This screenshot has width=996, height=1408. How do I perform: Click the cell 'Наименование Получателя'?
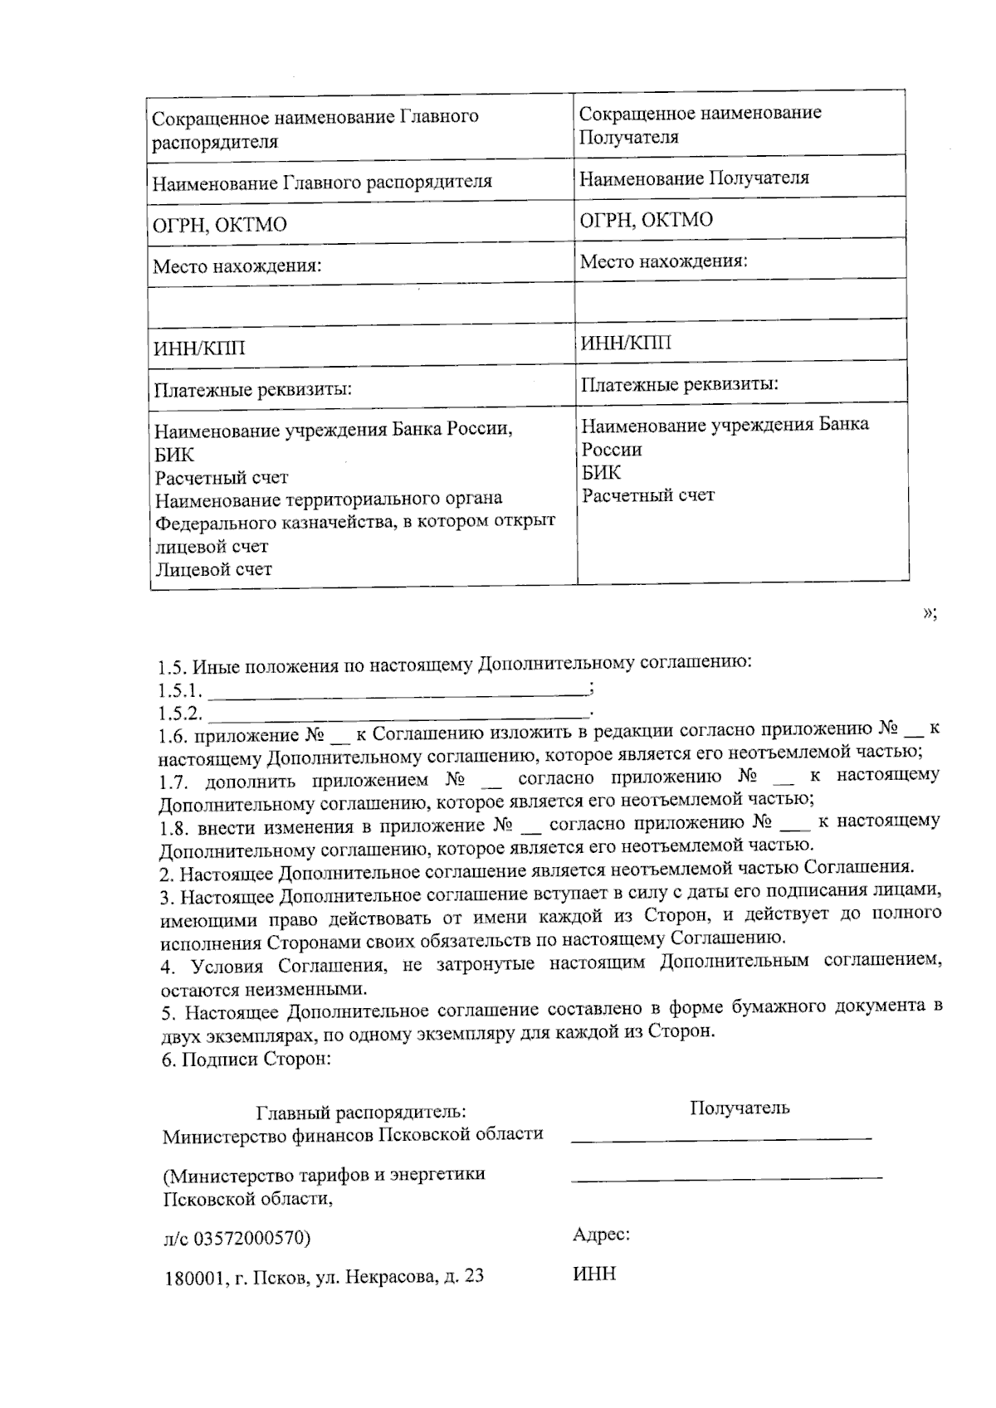[x=694, y=178]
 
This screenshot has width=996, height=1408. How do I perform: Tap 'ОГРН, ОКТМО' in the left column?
[x=220, y=225]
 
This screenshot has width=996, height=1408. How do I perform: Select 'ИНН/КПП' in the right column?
[x=626, y=343]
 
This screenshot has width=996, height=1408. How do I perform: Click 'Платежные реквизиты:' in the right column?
[x=679, y=385]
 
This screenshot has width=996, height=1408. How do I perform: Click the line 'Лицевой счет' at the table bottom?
[x=213, y=569]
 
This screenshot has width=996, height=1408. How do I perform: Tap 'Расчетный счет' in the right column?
[x=647, y=495]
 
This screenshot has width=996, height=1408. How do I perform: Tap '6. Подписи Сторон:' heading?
[x=246, y=1060]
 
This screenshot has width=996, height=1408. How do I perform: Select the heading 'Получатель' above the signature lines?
[x=740, y=1108]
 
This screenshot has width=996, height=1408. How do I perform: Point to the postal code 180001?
[x=191, y=1278]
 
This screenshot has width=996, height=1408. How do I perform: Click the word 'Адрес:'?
[x=601, y=1235]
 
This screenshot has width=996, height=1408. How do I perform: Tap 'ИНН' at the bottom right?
[x=594, y=1274]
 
